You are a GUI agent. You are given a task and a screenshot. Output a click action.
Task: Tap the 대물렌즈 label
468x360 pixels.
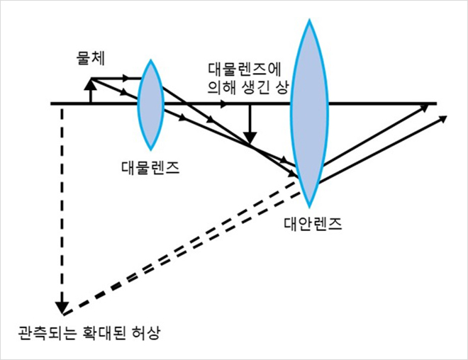pos(149,168)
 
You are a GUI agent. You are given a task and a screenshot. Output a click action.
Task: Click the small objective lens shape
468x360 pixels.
pos(151,104)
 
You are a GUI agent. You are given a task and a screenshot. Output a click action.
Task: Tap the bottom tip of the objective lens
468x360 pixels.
pos(151,147)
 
